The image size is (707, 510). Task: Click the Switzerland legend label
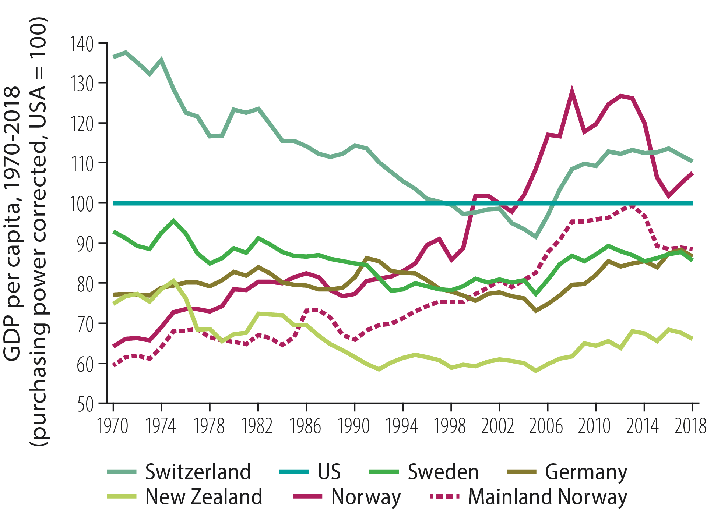[198, 472]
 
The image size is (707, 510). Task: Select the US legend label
[329, 472]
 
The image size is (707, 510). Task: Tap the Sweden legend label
[443, 472]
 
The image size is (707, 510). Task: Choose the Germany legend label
[586, 472]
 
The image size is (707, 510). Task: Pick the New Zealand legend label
[204, 497]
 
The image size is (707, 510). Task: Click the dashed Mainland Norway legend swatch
[445, 497]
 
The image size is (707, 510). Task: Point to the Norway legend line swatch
[308, 497]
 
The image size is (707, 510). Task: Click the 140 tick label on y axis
[81, 44]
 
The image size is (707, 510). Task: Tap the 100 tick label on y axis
[81, 203]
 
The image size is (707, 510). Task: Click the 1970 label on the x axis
[113, 426]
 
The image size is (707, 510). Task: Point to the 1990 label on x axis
[353, 426]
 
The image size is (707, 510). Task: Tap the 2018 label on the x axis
[690, 426]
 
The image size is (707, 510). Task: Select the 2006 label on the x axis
[546, 426]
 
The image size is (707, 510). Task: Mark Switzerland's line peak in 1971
[126, 52]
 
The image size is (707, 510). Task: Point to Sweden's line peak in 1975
[174, 221]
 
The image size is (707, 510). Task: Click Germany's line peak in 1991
[366, 258]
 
